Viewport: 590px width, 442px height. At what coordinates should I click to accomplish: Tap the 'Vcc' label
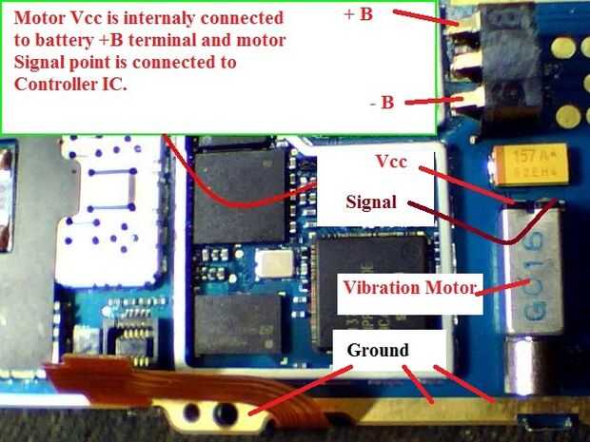coord(391,163)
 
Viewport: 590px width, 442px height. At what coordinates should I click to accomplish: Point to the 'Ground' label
coord(378,351)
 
